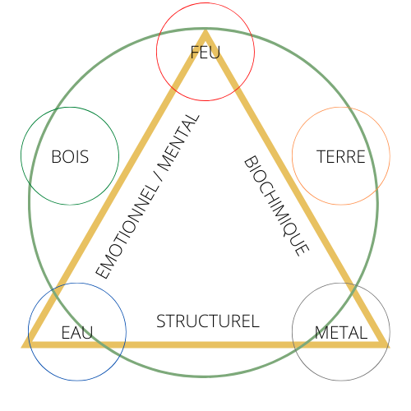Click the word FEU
(205, 53)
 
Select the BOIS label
(70, 157)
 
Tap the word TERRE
(341, 157)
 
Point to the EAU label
(77, 332)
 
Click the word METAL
(341, 332)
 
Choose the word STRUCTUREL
(208, 321)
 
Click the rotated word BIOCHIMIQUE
(277, 205)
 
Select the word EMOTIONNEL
(127, 231)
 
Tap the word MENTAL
(178, 142)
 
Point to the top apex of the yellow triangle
(205, 30)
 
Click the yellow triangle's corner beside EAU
(22, 348)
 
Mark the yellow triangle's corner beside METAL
(389, 348)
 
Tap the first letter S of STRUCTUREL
(161, 321)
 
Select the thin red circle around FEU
(205, 101)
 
